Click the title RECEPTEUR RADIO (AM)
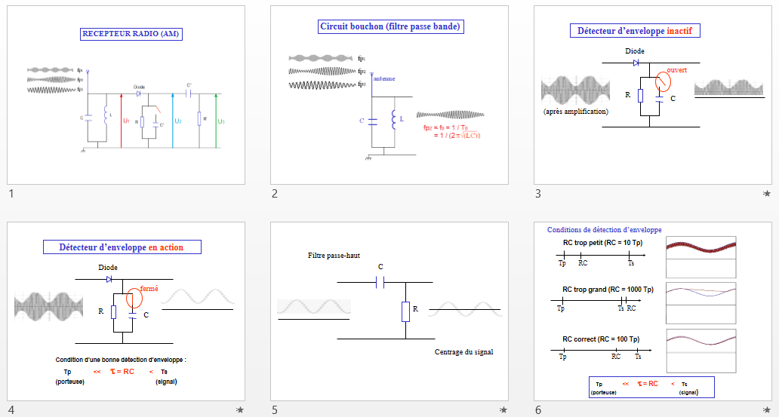coord(132,34)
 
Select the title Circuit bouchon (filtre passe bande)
coord(390,26)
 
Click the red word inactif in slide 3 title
coord(684,31)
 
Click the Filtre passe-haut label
coord(334,256)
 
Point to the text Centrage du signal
coord(463,352)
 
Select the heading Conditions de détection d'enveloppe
coord(604,229)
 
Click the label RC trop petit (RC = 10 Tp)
coord(603,243)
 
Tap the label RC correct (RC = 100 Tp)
coord(602,339)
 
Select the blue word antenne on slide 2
coord(384,78)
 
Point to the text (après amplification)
coord(576,112)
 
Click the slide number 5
coord(275,409)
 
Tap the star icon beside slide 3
coord(767,194)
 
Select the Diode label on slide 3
coord(635,51)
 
